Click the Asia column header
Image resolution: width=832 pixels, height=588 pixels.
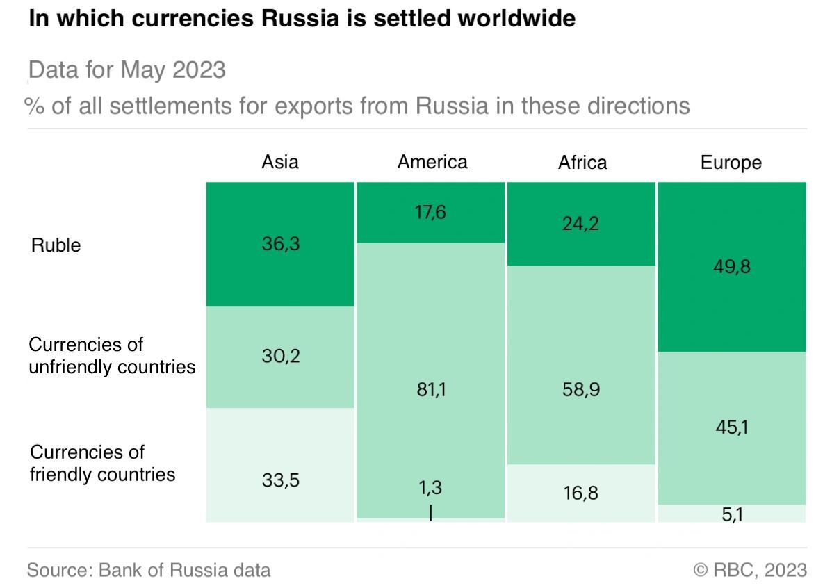point(279,162)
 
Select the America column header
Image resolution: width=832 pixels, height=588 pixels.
point(432,162)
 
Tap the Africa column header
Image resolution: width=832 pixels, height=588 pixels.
point(582,162)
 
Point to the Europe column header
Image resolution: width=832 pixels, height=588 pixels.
point(731,163)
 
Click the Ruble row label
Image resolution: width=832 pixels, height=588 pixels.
point(56,245)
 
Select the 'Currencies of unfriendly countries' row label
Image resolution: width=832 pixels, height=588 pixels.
point(112,356)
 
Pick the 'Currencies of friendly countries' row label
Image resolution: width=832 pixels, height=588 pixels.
point(102,464)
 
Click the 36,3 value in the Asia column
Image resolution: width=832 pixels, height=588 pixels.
point(282,244)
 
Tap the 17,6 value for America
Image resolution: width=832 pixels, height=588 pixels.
point(432,212)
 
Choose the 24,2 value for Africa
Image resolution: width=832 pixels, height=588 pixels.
point(582,224)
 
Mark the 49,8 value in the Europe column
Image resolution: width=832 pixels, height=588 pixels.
point(732,267)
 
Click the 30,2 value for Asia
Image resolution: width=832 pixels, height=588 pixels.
point(282,357)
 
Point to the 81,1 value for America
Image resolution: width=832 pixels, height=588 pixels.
point(432,391)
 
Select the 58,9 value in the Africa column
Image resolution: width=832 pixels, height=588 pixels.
point(582,391)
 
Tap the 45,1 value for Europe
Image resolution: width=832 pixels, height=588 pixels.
point(732,427)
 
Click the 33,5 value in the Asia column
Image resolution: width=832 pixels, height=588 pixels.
point(282,480)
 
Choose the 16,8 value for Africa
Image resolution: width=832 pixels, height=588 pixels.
point(582,493)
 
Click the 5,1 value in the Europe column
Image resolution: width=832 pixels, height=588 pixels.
point(732,516)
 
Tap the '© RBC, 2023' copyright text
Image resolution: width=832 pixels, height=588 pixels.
point(750,571)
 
